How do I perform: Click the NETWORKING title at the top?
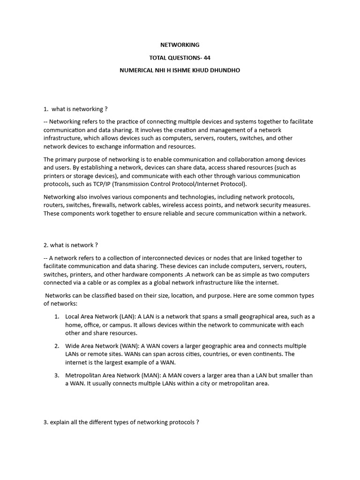coord(180,45)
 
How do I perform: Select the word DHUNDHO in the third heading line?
coord(226,70)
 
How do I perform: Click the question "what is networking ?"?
coord(79,109)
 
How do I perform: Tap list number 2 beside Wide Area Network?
coord(56,346)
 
